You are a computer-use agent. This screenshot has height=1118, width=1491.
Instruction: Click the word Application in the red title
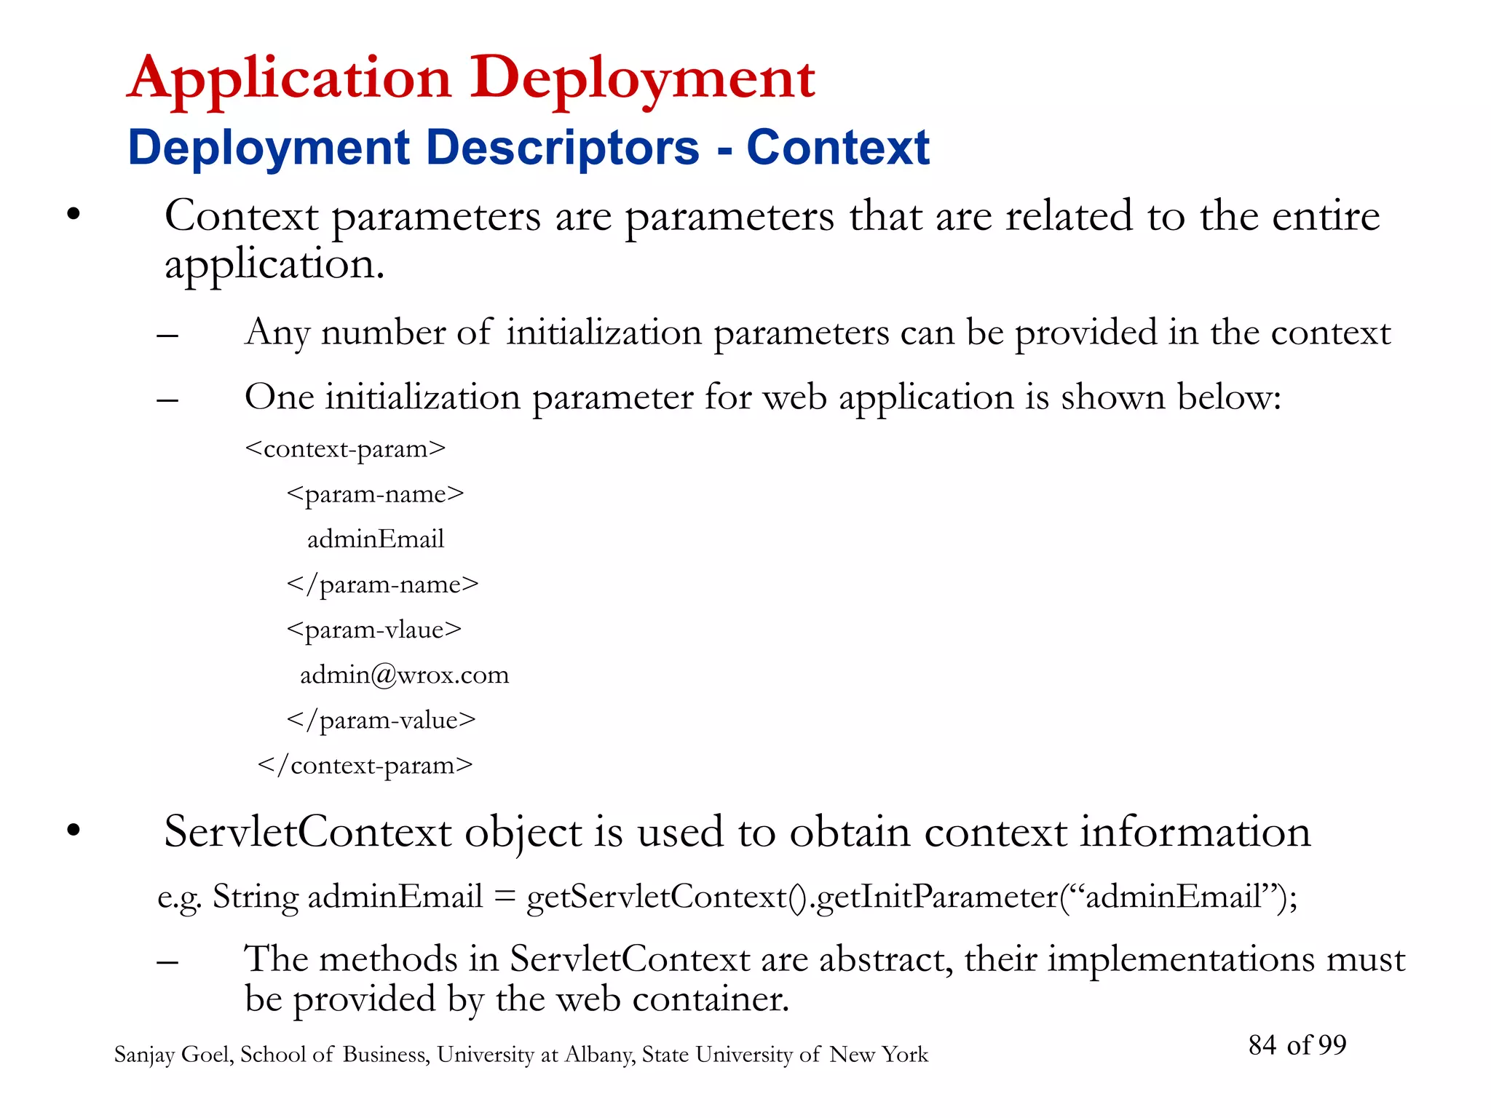pyautogui.click(x=290, y=79)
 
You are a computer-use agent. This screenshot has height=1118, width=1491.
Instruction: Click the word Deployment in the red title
pyautogui.click(x=642, y=79)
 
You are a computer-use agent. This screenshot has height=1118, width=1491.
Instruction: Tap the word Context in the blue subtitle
pyautogui.click(x=838, y=148)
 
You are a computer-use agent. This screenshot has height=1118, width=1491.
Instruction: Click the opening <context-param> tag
pyautogui.click(x=345, y=449)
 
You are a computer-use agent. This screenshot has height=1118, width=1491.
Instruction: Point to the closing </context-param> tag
pyautogui.click(x=365, y=765)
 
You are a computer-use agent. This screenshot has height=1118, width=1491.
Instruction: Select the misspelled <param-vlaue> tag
pyautogui.click(x=374, y=630)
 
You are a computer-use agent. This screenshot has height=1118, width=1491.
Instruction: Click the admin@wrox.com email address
pyautogui.click(x=404, y=675)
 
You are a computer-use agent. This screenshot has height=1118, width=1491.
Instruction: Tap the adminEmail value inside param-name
pyautogui.click(x=375, y=539)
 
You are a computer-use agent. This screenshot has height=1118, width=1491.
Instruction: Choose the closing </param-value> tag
pyautogui.click(x=381, y=720)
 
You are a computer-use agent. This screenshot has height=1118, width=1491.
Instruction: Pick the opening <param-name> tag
pyautogui.click(x=375, y=494)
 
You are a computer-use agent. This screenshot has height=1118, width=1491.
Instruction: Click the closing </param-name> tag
pyautogui.click(x=383, y=584)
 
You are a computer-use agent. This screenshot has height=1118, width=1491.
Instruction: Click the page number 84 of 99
pyautogui.click(x=1297, y=1044)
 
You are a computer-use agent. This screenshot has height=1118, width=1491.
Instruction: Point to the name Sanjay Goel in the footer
pyautogui.click(x=173, y=1055)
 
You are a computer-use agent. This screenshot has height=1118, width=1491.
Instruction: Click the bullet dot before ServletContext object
pyautogui.click(x=73, y=830)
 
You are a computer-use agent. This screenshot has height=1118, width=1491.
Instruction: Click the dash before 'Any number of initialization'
pyautogui.click(x=167, y=336)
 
